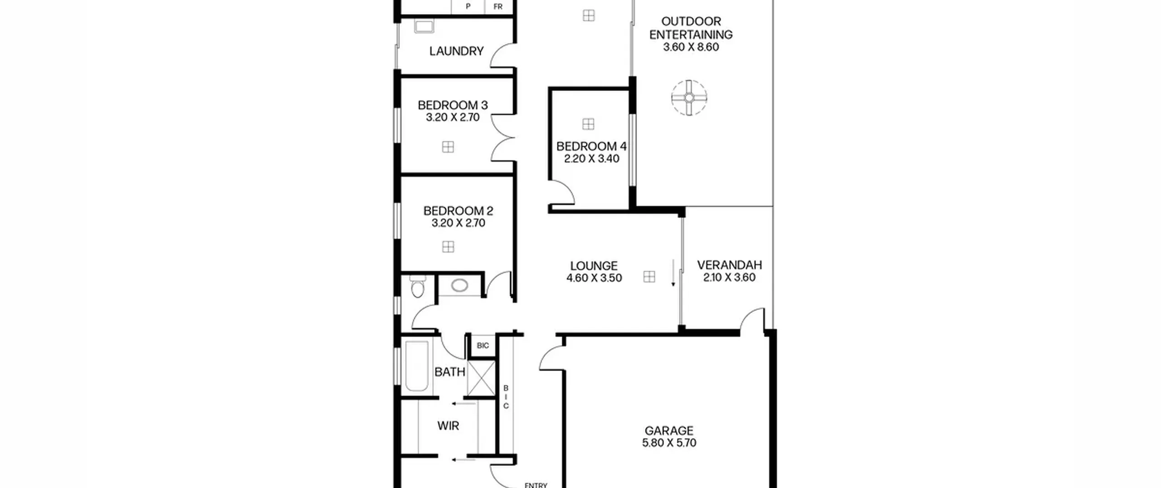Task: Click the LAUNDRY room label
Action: click(x=456, y=51)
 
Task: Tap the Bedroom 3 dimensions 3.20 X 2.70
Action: click(x=453, y=118)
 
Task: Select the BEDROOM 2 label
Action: click(x=458, y=211)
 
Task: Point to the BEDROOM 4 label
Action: click(x=591, y=146)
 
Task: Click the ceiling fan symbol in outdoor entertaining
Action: click(x=689, y=98)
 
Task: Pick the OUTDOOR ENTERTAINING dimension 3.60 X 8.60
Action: click(x=691, y=47)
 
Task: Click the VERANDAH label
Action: click(x=729, y=265)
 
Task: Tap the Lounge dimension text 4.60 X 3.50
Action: click(x=594, y=278)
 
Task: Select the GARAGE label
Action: click(x=669, y=430)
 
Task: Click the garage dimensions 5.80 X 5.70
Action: click(x=669, y=443)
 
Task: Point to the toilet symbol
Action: click(x=416, y=286)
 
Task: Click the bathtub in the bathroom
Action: click(x=417, y=366)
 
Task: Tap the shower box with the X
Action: click(x=481, y=378)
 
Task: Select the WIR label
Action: click(x=448, y=426)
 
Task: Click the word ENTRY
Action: click(x=536, y=485)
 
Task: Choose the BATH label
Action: click(x=450, y=372)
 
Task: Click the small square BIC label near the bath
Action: click(x=483, y=346)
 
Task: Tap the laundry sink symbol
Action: click(x=424, y=26)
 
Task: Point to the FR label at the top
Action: click(x=498, y=7)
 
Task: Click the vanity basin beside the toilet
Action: click(x=459, y=286)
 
